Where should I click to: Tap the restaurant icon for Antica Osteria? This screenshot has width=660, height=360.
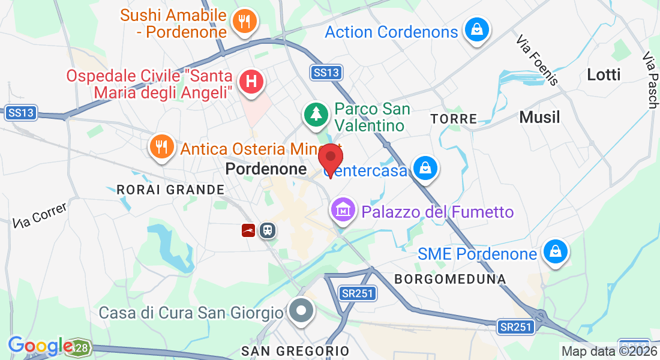point(161,146)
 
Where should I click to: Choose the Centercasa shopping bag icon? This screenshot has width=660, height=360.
point(425,169)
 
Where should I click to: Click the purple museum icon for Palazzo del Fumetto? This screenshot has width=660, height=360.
point(343,211)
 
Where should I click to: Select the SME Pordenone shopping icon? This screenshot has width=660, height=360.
point(555,253)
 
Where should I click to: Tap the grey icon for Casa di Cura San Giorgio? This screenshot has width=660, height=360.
point(301,312)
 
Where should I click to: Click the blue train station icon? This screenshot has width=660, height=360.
point(267,230)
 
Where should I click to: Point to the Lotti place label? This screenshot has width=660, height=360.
point(604,75)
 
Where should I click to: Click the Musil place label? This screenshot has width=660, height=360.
point(539,117)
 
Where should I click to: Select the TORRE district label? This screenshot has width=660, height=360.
point(454,119)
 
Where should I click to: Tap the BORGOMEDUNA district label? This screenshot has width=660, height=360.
point(450,279)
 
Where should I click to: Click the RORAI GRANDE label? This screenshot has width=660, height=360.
point(170,190)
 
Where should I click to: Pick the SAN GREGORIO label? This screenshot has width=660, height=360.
point(295,350)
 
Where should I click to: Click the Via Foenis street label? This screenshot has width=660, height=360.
point(538,59)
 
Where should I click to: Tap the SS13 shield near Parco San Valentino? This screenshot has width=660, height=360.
point(326,73)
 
